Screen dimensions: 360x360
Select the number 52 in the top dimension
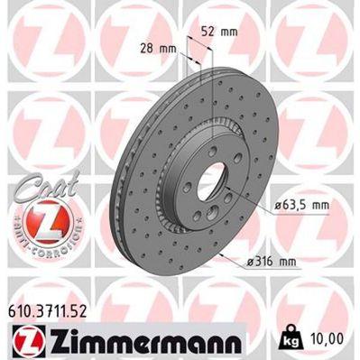(x=211, y=32)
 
